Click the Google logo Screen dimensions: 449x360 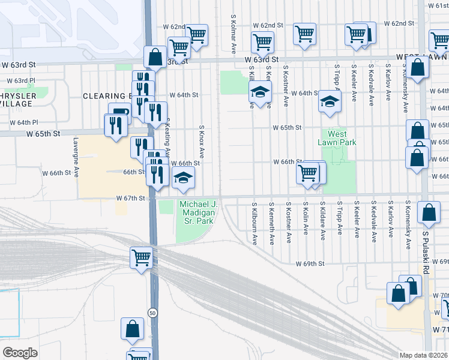(20, 353)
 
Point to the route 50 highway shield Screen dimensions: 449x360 (153, 313)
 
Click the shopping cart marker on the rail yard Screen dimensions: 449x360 (141, 258)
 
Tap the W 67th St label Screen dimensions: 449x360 (131, 198)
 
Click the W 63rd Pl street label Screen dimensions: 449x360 (21, 80)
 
